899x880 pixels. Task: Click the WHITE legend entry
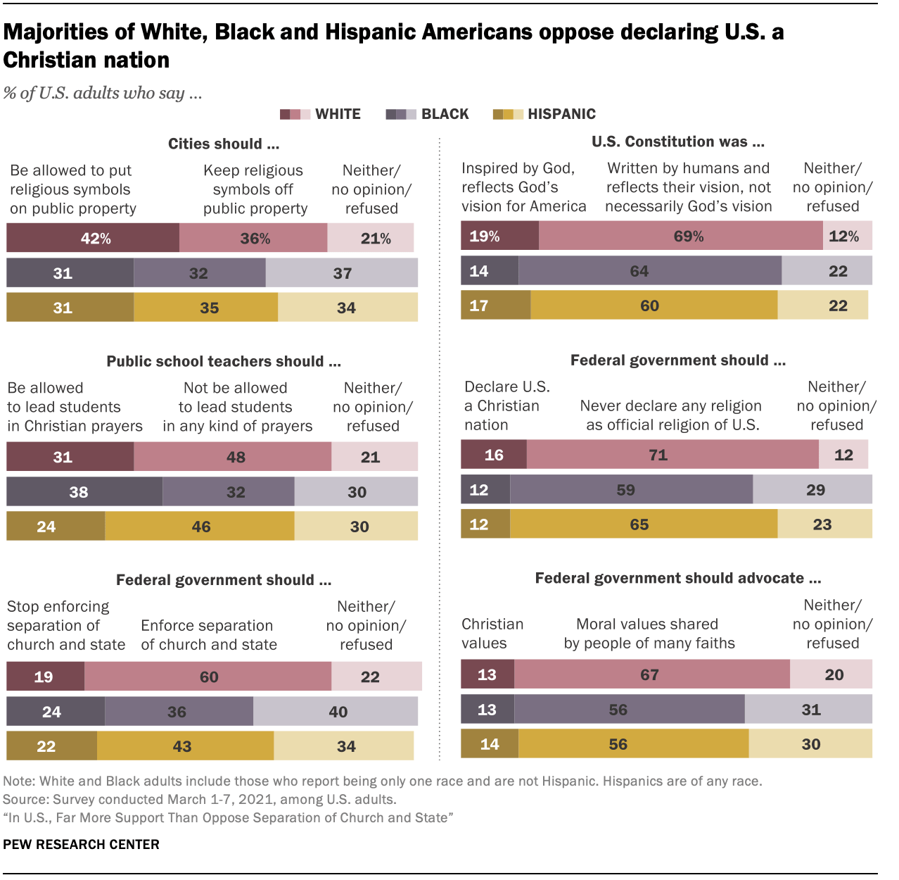(321, 114)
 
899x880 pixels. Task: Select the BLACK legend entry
(428, 114)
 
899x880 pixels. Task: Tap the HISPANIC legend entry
(544, 114)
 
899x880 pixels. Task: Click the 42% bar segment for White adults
(93, 238)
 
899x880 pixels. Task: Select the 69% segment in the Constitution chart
(681, 236)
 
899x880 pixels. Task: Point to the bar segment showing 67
(652, 674)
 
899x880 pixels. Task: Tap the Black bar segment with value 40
(336, 712)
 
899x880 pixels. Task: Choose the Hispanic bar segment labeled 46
(200, 527)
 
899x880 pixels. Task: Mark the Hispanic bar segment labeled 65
(644, 524)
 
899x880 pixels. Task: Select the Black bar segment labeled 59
(631, 490)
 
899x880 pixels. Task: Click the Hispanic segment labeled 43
(185, 746)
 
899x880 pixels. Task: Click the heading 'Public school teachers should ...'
(224, 361)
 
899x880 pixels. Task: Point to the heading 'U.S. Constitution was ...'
(677, 142)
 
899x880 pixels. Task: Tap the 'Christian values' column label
(492, 634)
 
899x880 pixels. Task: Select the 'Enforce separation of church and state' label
(209, 635)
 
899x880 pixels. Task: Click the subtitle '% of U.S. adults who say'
(103, 93)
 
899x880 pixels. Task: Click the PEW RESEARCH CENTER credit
(82, 844)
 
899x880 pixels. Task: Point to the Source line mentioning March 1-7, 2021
(199, 799)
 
